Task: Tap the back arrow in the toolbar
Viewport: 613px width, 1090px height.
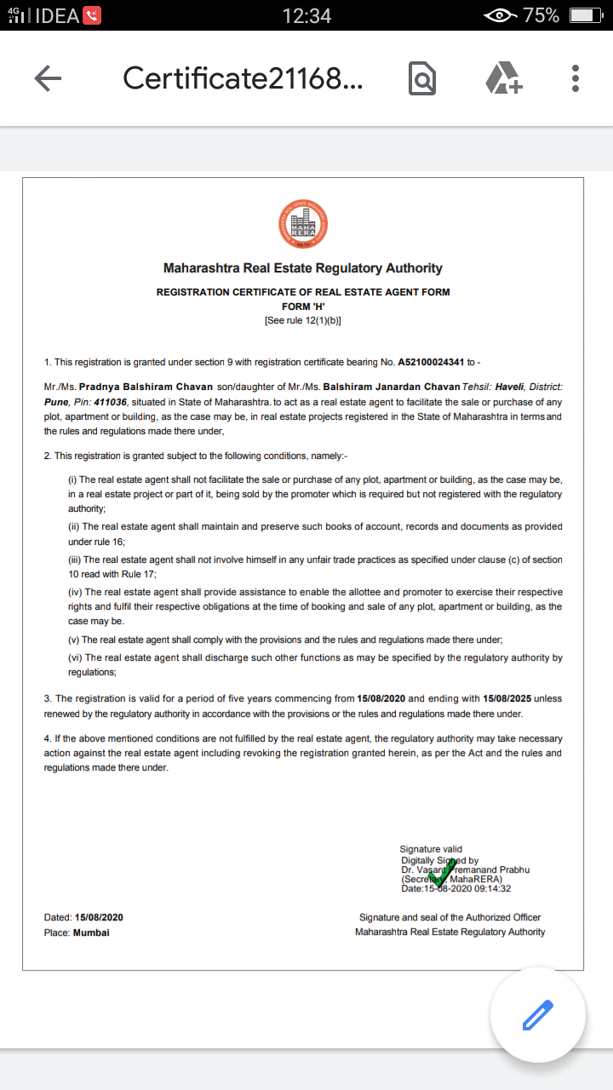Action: [48, 78]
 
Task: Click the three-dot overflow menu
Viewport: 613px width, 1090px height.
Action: [576, 78]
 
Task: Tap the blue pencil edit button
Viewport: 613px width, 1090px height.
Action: [537, 1015]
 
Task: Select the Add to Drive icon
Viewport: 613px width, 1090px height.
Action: [503, 78]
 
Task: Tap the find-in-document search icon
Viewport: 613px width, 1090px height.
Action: [421, 78]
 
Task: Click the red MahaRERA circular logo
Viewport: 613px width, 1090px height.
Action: [303, 223]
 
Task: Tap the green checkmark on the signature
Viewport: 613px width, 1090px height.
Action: [443, 872]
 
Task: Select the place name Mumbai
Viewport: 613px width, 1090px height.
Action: [91, 932]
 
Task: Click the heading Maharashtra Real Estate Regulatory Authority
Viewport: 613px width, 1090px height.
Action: [303, 268]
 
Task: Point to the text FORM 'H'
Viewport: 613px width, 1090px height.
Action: [303, 307]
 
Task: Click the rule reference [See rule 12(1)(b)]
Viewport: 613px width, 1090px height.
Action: [303, 320]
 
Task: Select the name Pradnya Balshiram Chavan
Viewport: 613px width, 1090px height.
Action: [146, 387]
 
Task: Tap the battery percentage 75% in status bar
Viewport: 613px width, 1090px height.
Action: [541, 15]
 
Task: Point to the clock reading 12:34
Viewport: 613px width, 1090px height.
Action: [306, 15]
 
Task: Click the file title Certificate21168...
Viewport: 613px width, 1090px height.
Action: [243, 78]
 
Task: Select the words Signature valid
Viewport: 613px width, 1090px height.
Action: [431, 849]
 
